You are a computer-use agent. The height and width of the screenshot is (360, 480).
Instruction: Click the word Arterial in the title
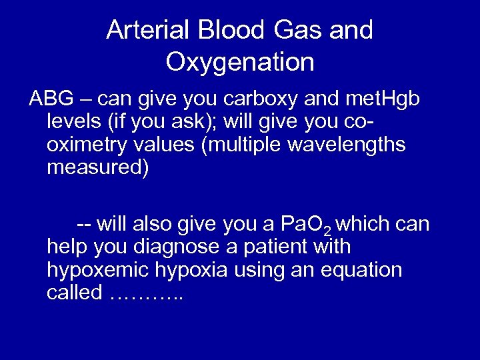point(143,31)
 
